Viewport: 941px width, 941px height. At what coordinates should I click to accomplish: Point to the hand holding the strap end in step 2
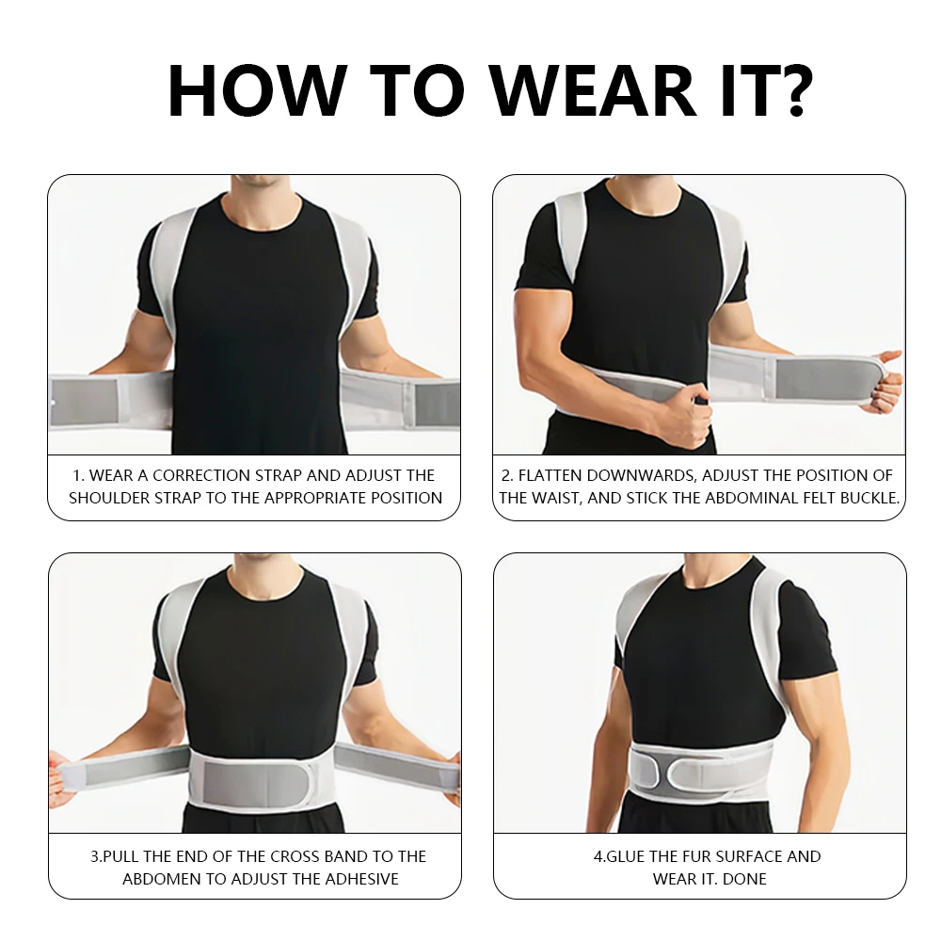pyautogui.click(x=885, y=381)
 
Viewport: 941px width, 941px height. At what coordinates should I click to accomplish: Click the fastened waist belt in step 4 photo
pyautogui.click(x=701, y=769)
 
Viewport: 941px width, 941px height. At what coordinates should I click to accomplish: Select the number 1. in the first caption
pyautogui.click(x=78, y=475)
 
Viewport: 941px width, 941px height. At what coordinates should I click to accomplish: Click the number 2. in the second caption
pyautogui.click(x=506, y=475)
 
